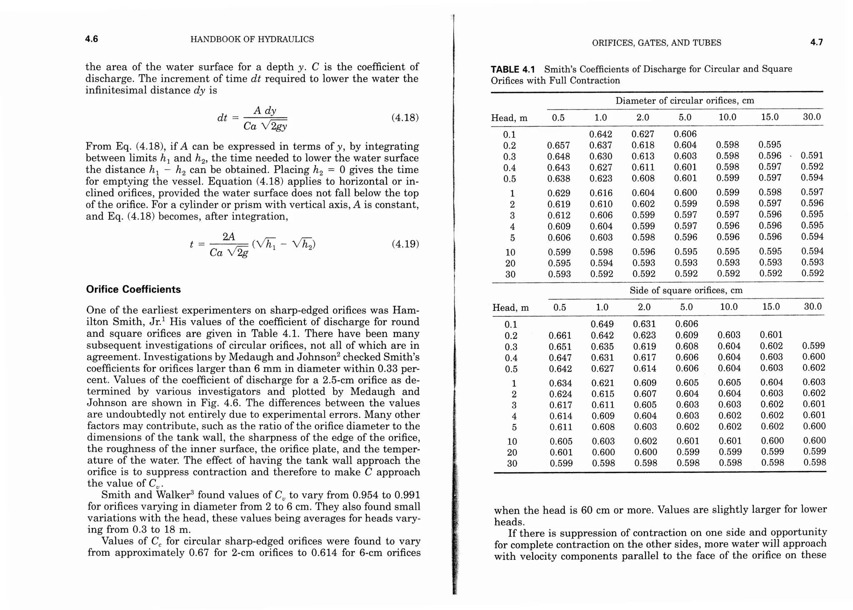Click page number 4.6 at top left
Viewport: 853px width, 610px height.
coord(92,39)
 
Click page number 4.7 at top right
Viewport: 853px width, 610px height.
coord(816,42)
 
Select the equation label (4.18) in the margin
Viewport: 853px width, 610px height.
coord(405,117)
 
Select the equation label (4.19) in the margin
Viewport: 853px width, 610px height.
coord(405,244)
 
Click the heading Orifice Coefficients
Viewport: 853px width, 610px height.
coord(133,290)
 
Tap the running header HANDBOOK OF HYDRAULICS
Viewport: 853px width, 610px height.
coord(252,40)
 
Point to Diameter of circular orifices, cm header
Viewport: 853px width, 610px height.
coord(685,101)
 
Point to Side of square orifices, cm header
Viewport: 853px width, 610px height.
coord(686,290)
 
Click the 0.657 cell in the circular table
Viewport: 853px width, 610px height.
coord(558,145)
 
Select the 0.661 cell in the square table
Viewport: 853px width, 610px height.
coord(560,335)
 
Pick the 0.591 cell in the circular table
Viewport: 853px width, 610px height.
coord(812,156)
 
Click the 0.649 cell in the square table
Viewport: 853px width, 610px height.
coord(602,324)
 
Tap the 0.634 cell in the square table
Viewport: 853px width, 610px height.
coord(560,383)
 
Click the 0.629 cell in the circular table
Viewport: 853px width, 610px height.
coord(559,193)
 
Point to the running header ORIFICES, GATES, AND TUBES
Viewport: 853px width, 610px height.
coord(656,43)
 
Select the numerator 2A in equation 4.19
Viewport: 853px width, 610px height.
coord(229,237)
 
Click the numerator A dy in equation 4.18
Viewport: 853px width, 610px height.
coord(265,110)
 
